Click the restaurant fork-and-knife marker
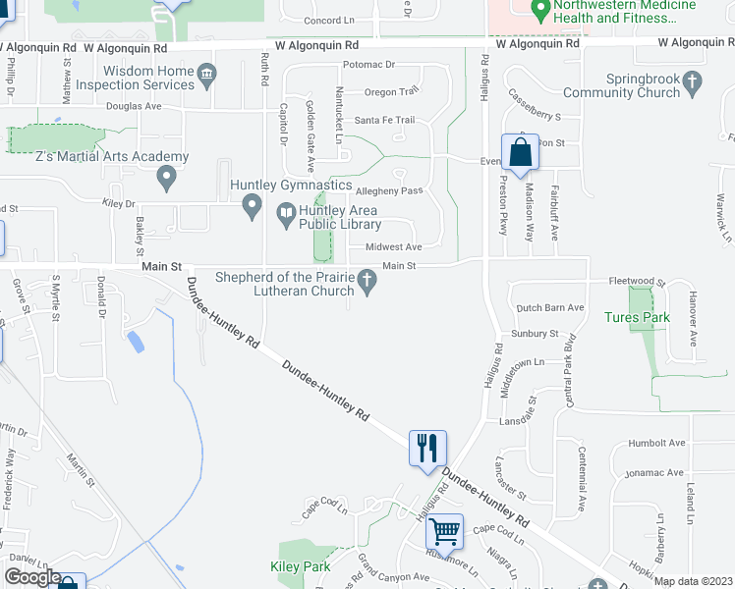tap(427, 448)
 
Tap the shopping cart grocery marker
tap(444, 531)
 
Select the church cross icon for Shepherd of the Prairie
tap(367, 284)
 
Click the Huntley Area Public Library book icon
tap(286, 210)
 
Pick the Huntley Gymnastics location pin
tap(253, 206)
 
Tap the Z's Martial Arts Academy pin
tap(166, 179)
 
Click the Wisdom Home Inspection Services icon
tap(207, 77)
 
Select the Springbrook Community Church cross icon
tap(694, 81)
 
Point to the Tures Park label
tap(637, 318)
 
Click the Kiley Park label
tap(303, 567)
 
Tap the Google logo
tap(31, 577)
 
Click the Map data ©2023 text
tap(694, 581)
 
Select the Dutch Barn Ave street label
tap(550, 308)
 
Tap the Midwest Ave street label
tap(393, 247)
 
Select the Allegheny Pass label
tap(388, 190)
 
